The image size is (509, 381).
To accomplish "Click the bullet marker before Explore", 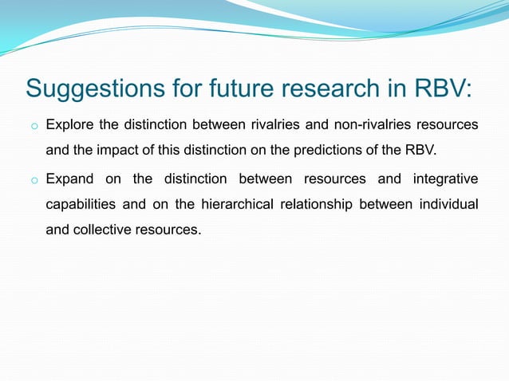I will [x=34, y=126].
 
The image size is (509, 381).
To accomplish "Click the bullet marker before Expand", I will [x=34, y=181].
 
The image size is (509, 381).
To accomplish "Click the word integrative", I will [x=443, y=179].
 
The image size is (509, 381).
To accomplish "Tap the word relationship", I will [x=314, y=205].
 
